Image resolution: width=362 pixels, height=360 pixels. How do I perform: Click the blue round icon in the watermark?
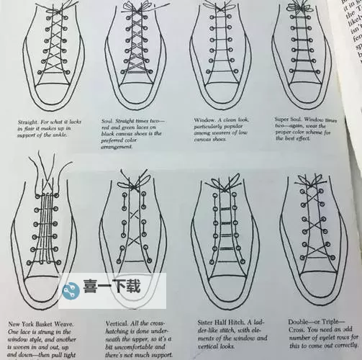70,291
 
